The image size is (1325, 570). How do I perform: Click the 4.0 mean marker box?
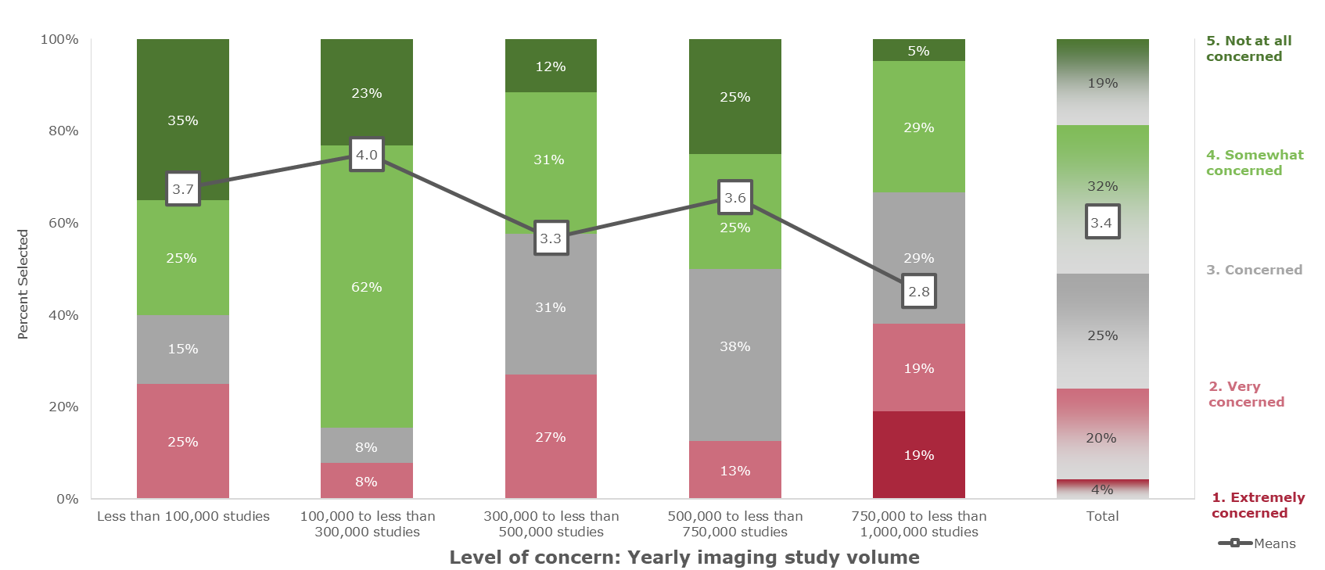(x=366, y=155)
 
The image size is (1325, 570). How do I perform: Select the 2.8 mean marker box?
(x=918, y=292)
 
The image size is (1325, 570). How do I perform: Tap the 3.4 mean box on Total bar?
(x=1102, y=222)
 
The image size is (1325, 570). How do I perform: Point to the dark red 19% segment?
(x=918, y=455)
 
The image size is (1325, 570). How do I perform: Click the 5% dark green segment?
(x=918, y=50)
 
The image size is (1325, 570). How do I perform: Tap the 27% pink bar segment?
(x=551, y=436)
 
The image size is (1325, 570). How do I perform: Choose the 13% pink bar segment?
(x=734, y=470)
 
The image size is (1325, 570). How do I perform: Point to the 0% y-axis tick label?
(x=67, y=499)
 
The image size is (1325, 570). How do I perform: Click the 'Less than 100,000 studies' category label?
(x=183, y=516)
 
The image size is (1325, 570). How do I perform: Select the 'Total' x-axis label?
(x=1102, y=516)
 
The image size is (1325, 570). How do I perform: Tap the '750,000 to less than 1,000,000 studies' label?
(x=918, y=524)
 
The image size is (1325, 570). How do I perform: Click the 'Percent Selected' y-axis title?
(x=23, y=284)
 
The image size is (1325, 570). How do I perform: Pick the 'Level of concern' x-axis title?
(x=684, y=557)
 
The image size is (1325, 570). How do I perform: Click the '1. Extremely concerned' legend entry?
(x=1258, y=505)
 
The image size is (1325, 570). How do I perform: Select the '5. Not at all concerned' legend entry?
(x=1248, y=48)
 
